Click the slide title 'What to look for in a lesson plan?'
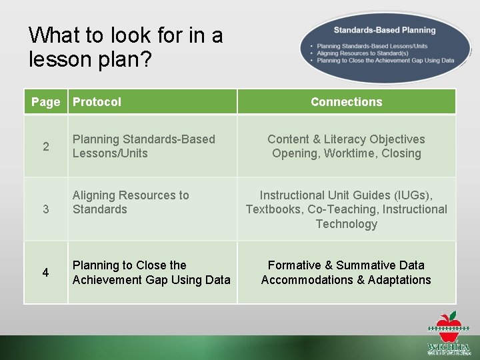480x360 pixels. point(126,47)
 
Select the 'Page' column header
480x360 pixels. point(45,102)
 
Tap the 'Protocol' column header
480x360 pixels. point(97,102)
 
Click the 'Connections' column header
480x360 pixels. point(346,102)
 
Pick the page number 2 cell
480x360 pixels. point(45,147)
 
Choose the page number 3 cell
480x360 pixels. point(45,209)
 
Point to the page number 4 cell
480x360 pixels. point(45,273)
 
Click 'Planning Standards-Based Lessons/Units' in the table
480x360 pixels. point(143,146)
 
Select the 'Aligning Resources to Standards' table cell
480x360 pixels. point(131,202)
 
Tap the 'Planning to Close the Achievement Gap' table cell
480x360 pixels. point(151,273)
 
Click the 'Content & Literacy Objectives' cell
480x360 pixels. point(346,139)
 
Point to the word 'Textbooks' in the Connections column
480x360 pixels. point(275,209)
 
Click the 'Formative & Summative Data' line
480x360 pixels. point(346,265)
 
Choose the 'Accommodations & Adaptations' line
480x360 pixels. point(346,280)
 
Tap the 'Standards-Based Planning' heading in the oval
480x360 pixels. point(384,30)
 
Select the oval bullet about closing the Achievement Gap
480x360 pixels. point(385,60)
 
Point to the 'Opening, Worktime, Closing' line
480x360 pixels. point(346,153)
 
